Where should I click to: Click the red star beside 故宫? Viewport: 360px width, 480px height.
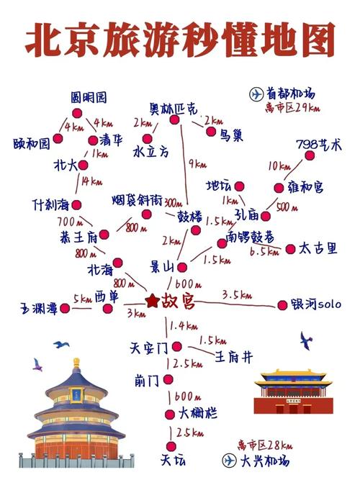(151, 300)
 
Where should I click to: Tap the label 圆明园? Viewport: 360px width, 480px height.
(89, 97)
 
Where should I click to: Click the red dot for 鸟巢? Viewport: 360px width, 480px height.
(211, 132)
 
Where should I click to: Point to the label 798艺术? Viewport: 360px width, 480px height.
(319, 144)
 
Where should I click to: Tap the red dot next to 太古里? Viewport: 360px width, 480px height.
(291, 249)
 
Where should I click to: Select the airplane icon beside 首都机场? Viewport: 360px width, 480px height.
(256, 94)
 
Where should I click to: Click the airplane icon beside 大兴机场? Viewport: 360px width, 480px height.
(231, 460)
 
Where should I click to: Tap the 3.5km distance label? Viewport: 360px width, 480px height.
(237, 294)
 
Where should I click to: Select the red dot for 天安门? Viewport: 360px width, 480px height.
(168, 346)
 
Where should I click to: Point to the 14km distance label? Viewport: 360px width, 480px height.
(91, 180)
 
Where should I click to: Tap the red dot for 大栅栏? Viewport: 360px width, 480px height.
(169, 413)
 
